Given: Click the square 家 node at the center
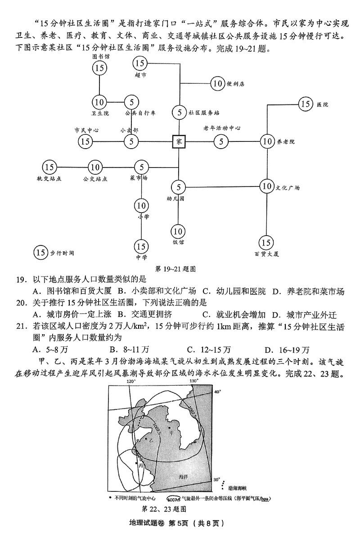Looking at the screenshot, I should (179, 141).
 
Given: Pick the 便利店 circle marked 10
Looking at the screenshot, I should (219, 83).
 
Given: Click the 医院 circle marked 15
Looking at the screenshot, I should (306, 104).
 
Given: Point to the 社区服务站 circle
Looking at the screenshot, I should (179, 112).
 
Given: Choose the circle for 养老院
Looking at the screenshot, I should (268, 141).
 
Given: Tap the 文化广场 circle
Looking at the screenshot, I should (268, 186).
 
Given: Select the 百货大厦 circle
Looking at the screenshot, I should (266, 243).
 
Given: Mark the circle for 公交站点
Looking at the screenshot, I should (94, 167).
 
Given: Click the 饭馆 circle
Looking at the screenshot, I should (178, 231).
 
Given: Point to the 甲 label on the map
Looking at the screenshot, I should (171, 432).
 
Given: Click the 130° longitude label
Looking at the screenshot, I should (193, 381).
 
